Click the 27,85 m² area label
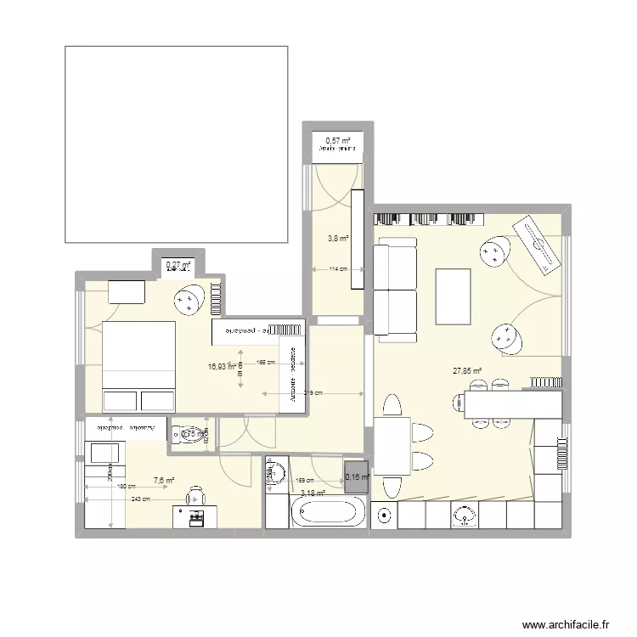(x=467, y=371)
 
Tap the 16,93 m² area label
(x=222, y=367)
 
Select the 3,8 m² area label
(x=338, y=239)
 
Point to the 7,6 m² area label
(x=164, y=481)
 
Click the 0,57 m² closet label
(x=338, y=140)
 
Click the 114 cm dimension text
(x=338, y=270)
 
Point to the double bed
(x=138, y=367)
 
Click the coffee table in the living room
(x=453, y=296)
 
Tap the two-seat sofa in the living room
(x=395, y=289)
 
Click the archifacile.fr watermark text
(x=567, y=623)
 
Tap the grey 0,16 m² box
(x=357, y=477)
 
